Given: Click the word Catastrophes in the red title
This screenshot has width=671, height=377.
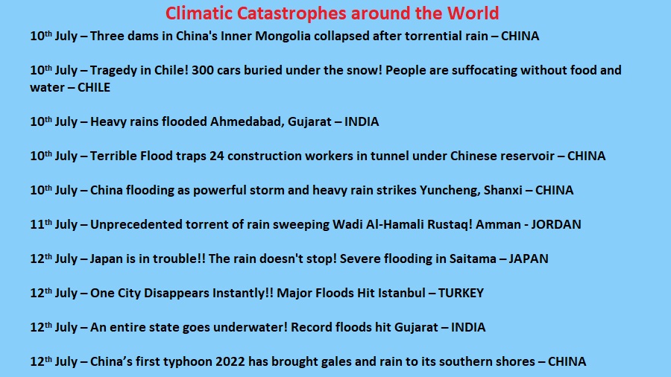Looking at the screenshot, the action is pos(291,13).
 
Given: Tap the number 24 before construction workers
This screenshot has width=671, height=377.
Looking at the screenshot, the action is pos(216,156).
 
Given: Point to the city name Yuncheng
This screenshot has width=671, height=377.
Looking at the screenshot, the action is pos(450,190).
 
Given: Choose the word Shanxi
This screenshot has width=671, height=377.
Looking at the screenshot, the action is pos(503,190).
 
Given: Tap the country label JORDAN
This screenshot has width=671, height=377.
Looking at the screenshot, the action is pos(556,224).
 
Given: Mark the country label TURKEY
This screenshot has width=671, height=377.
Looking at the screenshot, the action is pos(461,293).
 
